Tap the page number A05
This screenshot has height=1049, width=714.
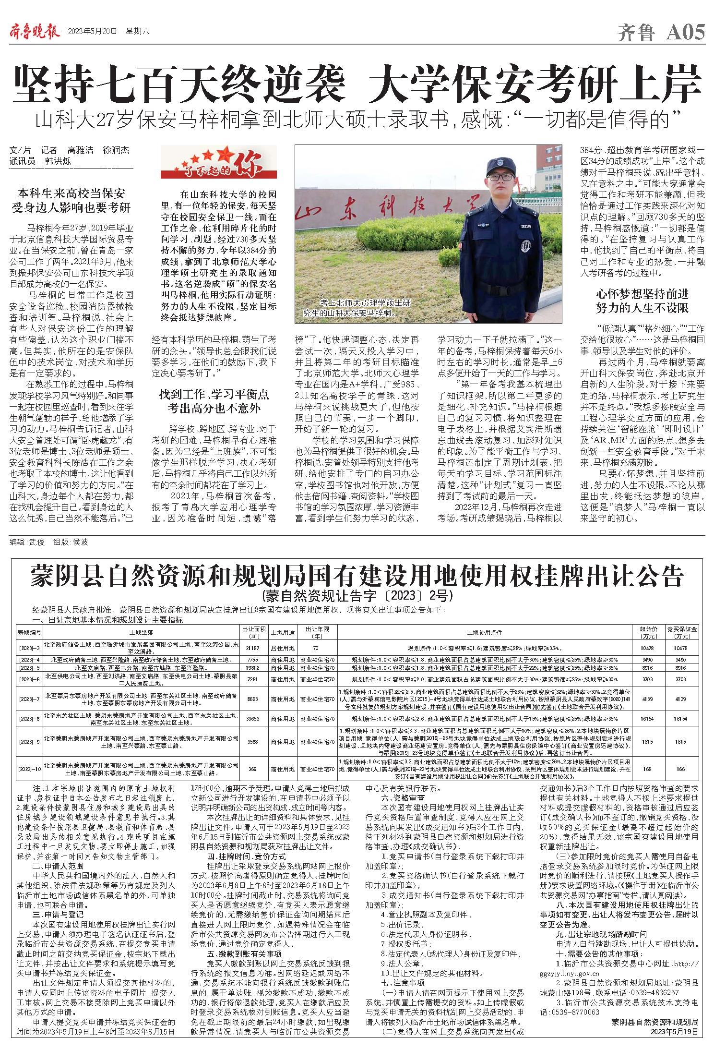pyautogui.click(x=686, y=33)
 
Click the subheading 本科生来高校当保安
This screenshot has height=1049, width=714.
pyautogui.click(x=71, y=194)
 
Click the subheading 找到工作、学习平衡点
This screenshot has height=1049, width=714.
pyautogui.click(x=214, y=395)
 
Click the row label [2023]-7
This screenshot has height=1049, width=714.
pyautogui.click(x=29, y=699)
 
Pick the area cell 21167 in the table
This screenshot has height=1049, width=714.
pyautogui.click(x=253, y=648)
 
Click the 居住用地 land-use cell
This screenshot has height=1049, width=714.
pyautogui.click(x=282, y=648)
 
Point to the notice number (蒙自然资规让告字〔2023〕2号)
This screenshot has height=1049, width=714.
pyautogui.click(x=357, y=596)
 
